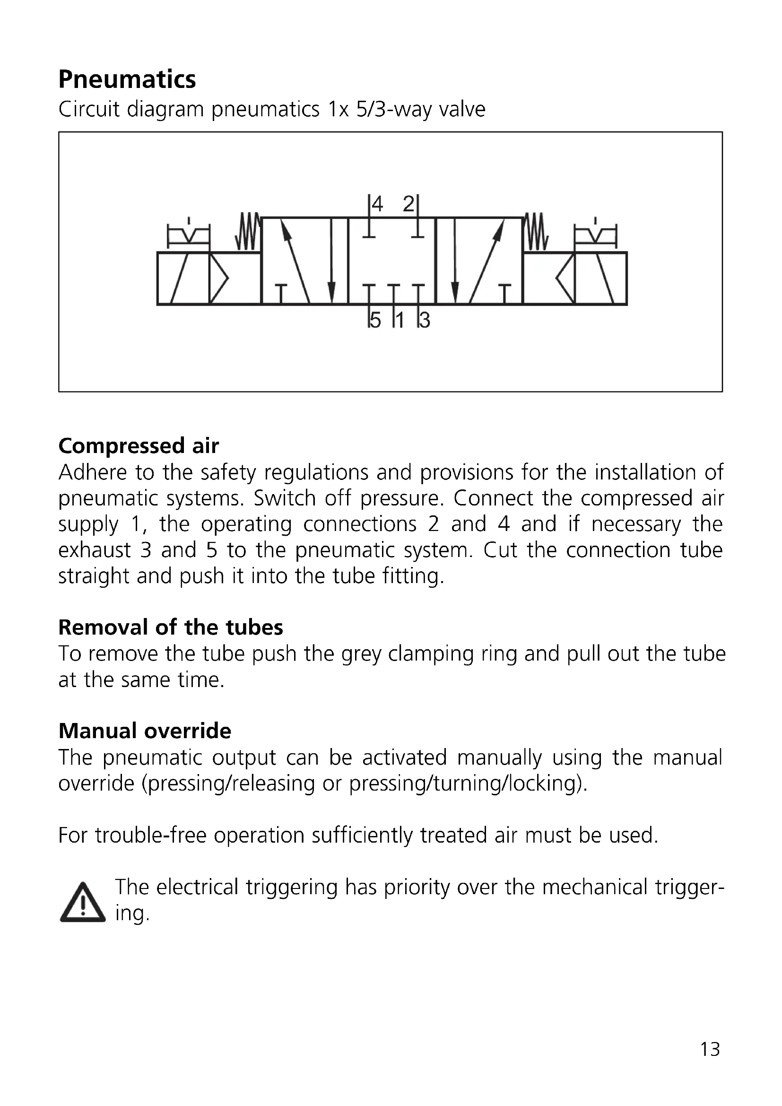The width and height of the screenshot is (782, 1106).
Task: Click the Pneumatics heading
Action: [x=127, y=79]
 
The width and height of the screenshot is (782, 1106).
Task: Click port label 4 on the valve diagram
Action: [x=377, y=204]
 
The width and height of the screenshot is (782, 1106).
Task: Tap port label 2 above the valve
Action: [x=408, y=204]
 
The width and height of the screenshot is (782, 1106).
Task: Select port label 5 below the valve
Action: [x=375, y=320]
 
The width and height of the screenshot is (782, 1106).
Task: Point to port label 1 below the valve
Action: [x=399, y=320]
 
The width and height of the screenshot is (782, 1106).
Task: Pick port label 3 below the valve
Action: [x=425, y=320]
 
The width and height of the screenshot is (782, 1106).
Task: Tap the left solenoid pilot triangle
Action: [x=218, y=279]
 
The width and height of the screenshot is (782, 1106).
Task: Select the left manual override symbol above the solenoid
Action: [x=188, y=234]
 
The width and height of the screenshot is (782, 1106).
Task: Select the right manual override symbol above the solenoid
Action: [x=596, y=234]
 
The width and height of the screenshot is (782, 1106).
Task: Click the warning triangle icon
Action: [x=82, y=903]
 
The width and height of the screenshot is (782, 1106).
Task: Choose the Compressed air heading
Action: [x=139, y=445]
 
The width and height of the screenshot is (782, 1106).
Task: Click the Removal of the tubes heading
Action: [x=171, y=627]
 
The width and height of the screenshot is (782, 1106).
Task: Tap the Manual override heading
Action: [x=145, y=731]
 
